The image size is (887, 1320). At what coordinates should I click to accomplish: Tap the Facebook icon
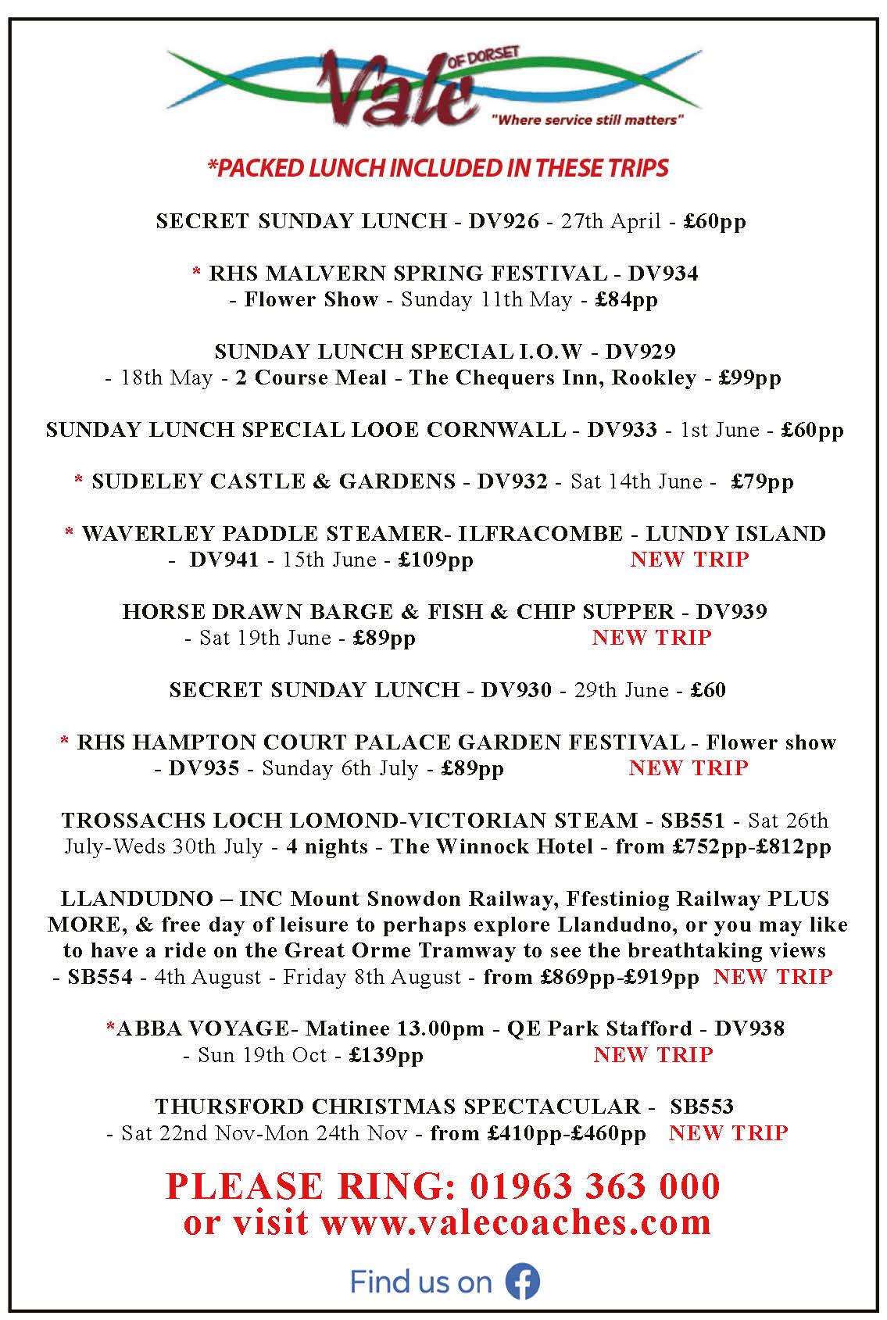tap(522, 1282)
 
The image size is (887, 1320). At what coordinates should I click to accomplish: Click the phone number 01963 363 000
tap(595, 1186)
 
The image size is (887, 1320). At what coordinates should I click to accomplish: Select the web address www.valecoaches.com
tap(516, 1222)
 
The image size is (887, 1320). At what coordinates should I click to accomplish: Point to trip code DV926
tap(503, 221)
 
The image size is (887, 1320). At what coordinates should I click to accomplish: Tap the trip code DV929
tap(640, 352)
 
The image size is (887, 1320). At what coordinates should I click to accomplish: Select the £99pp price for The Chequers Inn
tap(749, 377)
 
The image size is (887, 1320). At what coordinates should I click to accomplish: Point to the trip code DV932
tap(512, 481)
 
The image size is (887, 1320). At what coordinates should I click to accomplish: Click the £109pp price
tap(436, 560)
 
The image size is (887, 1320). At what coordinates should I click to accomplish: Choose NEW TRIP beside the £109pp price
tap(689, 560)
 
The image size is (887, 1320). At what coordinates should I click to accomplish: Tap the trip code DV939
tap(731, 612)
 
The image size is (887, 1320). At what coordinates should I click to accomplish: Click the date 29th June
tap(621, 690)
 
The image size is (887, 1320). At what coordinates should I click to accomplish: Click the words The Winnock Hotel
tap(492, 846)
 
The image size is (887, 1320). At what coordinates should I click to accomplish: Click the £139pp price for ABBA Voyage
tap(386, 1055)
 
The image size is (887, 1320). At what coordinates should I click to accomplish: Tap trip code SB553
tap(702, 1107)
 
